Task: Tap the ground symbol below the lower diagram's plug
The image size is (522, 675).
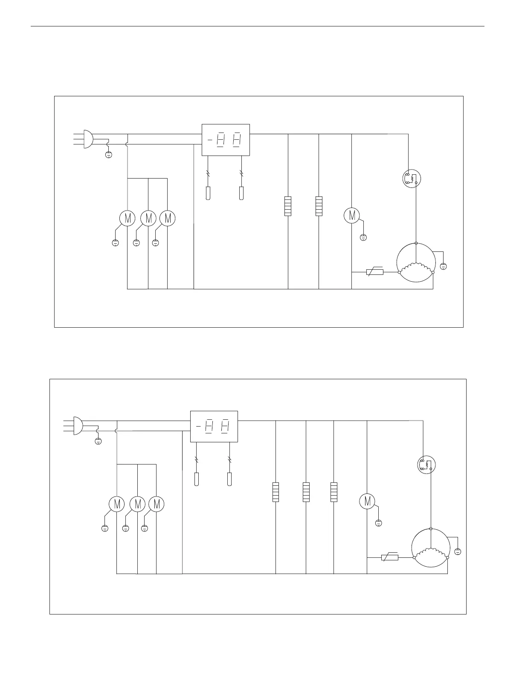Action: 98,441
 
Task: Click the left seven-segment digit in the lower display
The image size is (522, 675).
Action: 209,426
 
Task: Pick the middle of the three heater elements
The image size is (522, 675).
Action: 306,492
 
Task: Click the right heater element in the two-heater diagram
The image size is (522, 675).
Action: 319,206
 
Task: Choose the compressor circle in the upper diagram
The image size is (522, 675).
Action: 415,262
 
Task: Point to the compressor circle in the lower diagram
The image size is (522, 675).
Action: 430,548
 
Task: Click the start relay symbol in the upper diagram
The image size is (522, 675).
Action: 412,178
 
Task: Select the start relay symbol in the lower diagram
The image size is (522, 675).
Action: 426,464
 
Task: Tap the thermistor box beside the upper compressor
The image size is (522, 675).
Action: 375,272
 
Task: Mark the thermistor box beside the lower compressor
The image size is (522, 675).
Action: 389,557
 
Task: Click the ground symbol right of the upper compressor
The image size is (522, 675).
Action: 443,266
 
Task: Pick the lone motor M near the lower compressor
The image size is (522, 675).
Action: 367,501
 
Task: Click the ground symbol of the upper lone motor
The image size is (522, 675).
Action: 363,237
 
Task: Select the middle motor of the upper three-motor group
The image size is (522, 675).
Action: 148,218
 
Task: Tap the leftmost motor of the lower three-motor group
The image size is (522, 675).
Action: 116,504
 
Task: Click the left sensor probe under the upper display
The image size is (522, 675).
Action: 208,193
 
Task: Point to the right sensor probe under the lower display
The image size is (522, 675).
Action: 229,479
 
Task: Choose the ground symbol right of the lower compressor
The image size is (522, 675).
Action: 458,551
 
